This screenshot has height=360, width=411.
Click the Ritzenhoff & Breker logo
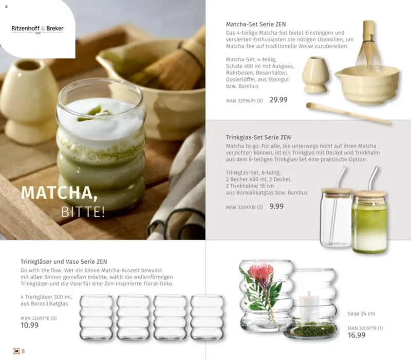click(x=38, y=29)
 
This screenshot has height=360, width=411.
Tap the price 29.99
click(x=278, y=100)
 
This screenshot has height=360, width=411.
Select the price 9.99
click(x=276, y=206)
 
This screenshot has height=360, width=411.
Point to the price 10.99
click(x=30, y=325)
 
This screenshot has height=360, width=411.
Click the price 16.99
click(x=357, y=335)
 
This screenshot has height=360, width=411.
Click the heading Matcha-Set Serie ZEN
click(x=256, y=24)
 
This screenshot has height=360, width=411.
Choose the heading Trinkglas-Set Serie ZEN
click(x=258, y=137)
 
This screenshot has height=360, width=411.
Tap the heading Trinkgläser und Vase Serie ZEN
click(x=64, y=262)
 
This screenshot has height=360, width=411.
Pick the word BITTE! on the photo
click(x=83, y=212)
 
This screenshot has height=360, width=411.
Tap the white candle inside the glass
click(x=309, y=307)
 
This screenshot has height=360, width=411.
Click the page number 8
click(x=23, y=351)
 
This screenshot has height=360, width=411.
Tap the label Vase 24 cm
click(x=361, y=314)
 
